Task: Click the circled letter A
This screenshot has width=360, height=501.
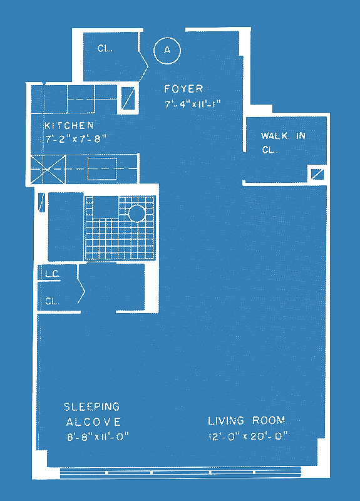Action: tap(167, 51)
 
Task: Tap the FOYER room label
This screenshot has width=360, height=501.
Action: tap(183, 88)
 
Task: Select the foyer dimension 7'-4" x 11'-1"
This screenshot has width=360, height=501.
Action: tap(193, 104)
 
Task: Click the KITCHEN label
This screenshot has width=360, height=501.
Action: tap(69, 125)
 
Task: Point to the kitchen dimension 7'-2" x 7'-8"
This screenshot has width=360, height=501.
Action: tap(75, 139)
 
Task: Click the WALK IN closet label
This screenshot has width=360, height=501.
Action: tap(283, 136)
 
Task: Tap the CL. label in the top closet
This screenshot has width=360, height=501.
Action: tap(105, 48)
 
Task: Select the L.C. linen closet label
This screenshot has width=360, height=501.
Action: tap(53, 274)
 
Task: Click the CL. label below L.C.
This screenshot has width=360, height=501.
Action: tap(52, 301)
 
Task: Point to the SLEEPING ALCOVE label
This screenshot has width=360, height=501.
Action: tap(92, 414)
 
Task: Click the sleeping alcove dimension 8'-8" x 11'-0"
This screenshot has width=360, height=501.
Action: tap(98, 436)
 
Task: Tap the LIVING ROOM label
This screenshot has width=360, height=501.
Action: tap(247, 420)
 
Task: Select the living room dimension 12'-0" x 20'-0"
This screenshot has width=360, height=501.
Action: tap(248, 436)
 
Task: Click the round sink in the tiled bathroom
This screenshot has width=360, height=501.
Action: tap(137, 213)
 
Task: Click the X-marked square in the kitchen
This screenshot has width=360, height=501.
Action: tap(48, 169)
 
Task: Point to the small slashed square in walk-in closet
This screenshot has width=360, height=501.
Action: tap(317, 175)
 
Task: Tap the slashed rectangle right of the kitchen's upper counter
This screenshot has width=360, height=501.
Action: tap(128, 99)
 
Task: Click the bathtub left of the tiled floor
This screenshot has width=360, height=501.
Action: tap(66, 227)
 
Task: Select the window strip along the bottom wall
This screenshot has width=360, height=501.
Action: tap(180, 472)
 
